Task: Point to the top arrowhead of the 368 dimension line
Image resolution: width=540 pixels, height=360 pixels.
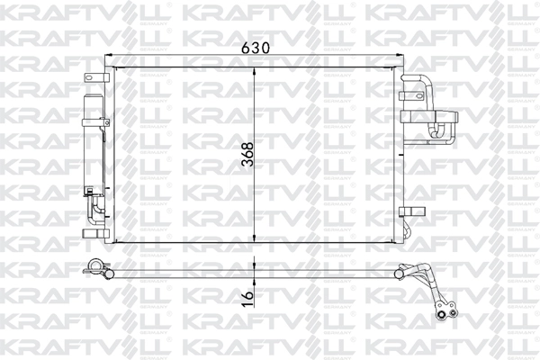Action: [x=256, y=71]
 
